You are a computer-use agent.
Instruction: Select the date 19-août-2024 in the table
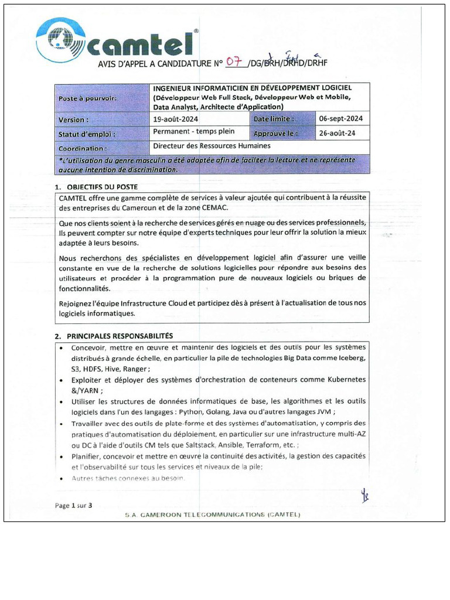(175, 119)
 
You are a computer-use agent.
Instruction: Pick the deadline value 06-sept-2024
(341, 118)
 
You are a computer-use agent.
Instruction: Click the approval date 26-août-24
(336, 133)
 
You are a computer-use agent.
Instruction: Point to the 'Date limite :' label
(274, 119)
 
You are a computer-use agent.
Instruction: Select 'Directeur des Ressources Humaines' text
(212, 145)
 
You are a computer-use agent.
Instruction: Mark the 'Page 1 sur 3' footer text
(73, 505)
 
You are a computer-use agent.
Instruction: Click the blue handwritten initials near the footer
(364, 497)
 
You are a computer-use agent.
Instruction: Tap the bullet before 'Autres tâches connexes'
(62, 479)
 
